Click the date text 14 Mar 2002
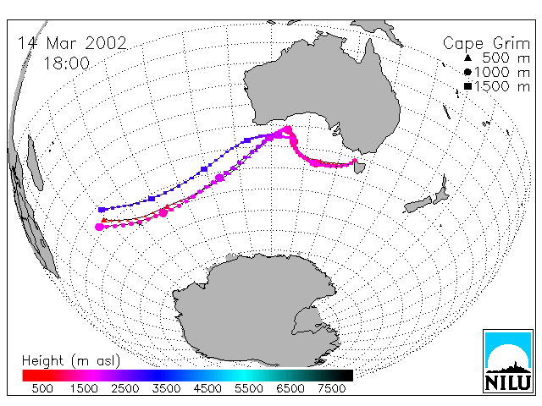(x=72, y=43)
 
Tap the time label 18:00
(x=66, y=63)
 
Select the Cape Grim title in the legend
(x=486, y=44)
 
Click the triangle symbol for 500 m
(x=467, y=58)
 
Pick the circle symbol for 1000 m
(x=467, y=72)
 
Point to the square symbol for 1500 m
(x=467, y=86)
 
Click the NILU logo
(x=508, y=361)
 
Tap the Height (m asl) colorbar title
(x=71, y=361)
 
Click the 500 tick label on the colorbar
(x=42, y=388)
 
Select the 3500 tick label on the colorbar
(x=166, y=388)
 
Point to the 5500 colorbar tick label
(x=249, y=388)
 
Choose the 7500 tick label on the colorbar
(x=331, y=388)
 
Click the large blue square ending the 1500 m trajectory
(x=102, y=210)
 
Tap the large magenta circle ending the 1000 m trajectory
(x=100, y=227)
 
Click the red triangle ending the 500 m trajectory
(x=103, y=220)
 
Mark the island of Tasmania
(x=359, y=167)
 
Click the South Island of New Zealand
(x=418, y=205)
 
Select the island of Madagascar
(x=35, y=163)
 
